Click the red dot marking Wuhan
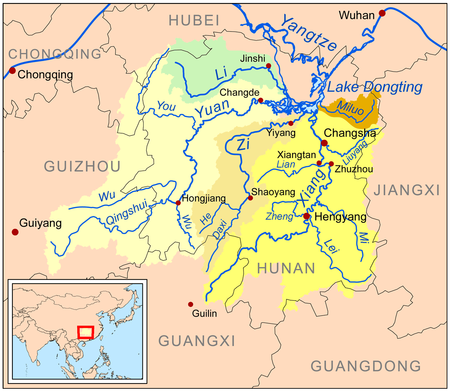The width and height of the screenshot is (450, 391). point(382,13)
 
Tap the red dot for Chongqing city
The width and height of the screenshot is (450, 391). point(12,71)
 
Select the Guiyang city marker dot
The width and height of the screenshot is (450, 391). point(15,232)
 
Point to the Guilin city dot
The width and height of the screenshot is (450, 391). point(190,304)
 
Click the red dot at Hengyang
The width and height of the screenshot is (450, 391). point(307,216)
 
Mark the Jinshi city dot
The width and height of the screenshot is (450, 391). point(268,66)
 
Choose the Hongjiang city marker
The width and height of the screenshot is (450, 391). point(178,203)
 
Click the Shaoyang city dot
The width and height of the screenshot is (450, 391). point(250,198)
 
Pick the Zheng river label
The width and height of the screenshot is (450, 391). point(279,217)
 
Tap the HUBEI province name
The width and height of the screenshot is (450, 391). point(193,20)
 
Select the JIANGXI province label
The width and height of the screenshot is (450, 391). point(406,191)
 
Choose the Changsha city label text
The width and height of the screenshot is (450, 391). point(349,133)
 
